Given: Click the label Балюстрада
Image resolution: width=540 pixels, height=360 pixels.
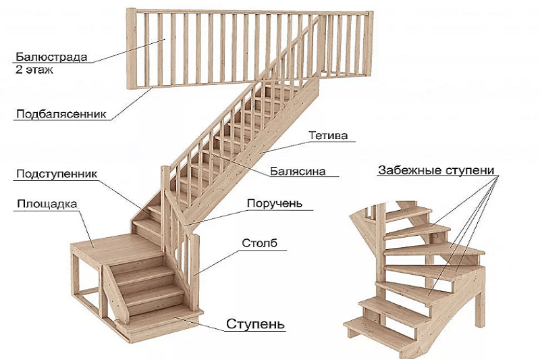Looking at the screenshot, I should point(51,57).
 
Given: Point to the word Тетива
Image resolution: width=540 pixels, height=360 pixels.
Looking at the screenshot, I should point(328,136).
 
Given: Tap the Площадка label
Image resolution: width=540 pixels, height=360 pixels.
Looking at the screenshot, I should point(48,203).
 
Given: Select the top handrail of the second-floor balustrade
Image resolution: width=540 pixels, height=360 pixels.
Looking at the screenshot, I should point(250,11).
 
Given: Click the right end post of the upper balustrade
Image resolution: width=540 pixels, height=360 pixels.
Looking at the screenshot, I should point(369,47).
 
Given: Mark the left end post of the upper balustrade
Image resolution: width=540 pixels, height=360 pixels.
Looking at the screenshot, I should point(132,47).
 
